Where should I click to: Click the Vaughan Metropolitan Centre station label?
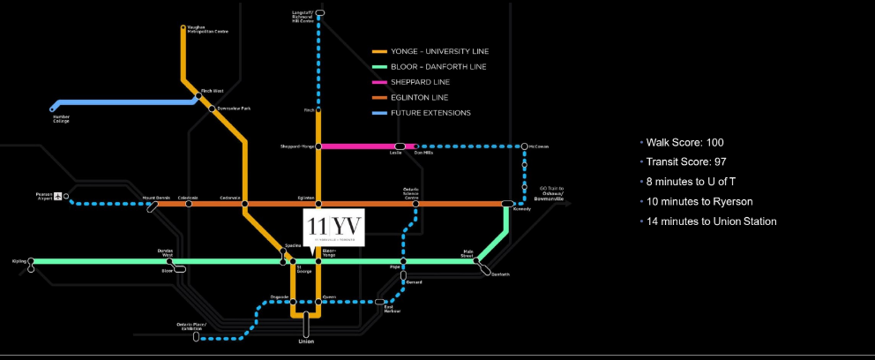[x=206, y=29]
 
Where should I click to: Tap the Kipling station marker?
[x=31, y=261]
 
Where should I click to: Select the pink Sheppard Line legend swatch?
[x=379, y=82]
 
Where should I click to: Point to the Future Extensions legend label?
[x=430, y=113]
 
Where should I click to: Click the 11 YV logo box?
[x=333, y=226]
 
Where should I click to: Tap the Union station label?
[x=306, y=341]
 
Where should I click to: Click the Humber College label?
[x=62, y=118]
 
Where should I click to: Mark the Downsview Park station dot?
[x=213, y=109]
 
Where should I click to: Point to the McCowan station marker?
[x=525, y=146]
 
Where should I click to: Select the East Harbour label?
[x=393, y=309]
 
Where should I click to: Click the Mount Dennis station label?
[x=155, y=198]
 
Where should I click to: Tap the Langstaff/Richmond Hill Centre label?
[x=303, y=15]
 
